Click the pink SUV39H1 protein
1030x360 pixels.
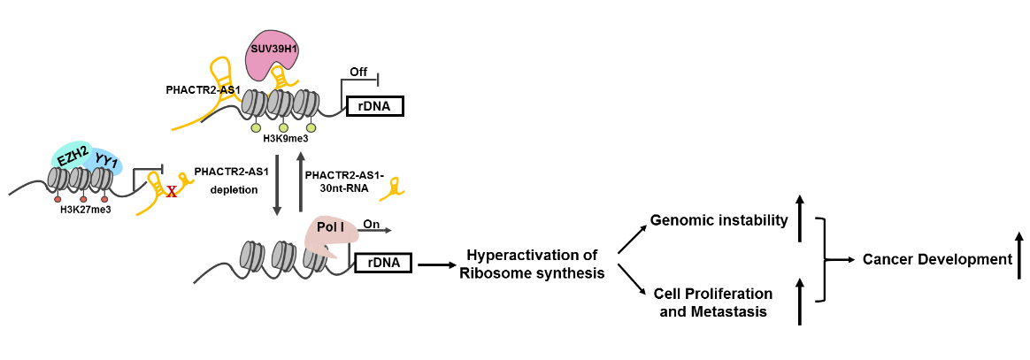[272, 51]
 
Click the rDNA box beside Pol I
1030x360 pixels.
[383, 263]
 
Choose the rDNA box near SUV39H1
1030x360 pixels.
[375, 106]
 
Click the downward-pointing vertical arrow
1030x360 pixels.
[277, 185]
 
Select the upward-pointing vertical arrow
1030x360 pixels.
[301, 181]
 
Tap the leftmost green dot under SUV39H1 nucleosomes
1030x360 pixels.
[256, 128]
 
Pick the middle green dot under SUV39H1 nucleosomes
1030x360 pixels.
[283, 128]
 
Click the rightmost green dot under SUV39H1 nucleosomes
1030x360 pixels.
[311, 128]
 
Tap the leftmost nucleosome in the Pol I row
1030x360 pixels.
[252, 256]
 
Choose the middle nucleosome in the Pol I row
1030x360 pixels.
[283, 256]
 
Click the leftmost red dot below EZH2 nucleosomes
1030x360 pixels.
[58, 199]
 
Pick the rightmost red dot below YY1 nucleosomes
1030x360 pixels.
[104, 199]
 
